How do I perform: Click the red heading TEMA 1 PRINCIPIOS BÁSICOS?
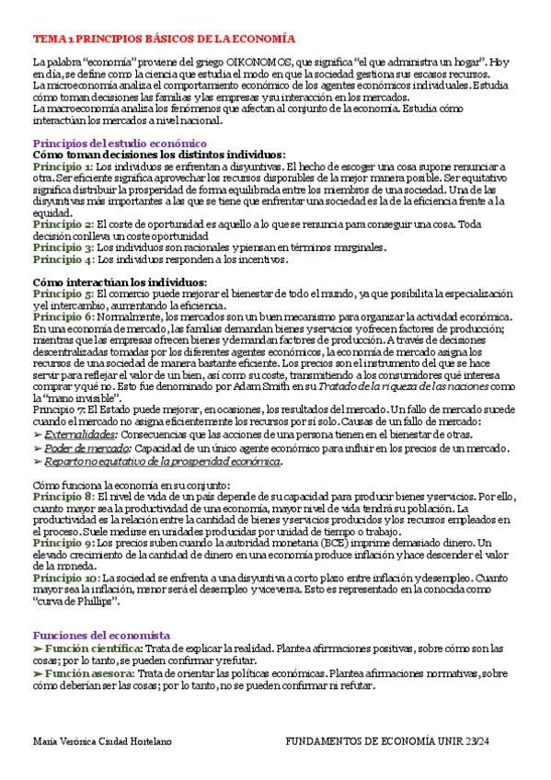164,40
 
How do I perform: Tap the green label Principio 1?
63,166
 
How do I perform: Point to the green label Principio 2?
63,224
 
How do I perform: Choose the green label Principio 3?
63,247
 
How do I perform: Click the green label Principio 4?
63,259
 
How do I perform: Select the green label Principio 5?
63,293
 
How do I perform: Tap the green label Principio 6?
63,316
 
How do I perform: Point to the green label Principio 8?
63,497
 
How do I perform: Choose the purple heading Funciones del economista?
101,635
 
